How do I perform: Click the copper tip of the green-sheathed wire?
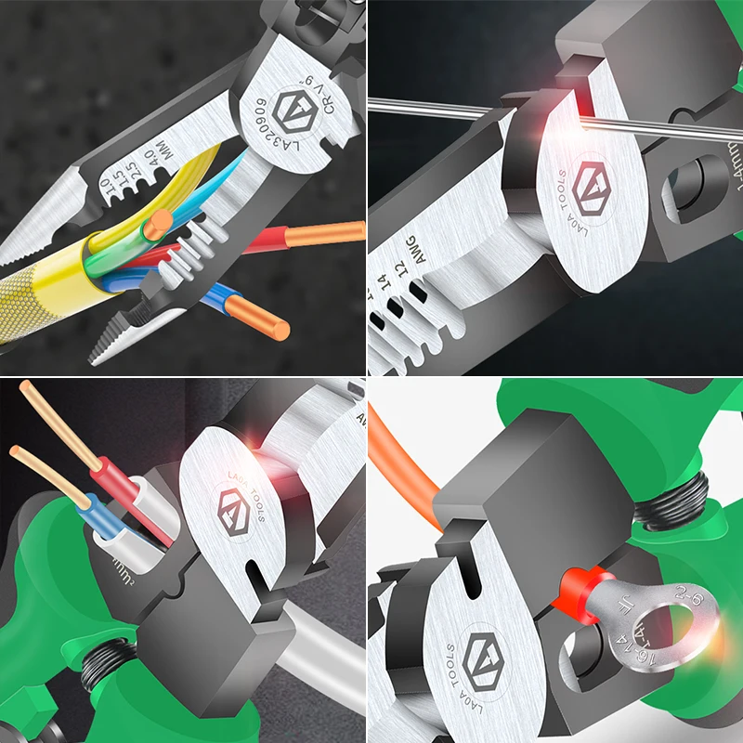(x=162, y=221)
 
